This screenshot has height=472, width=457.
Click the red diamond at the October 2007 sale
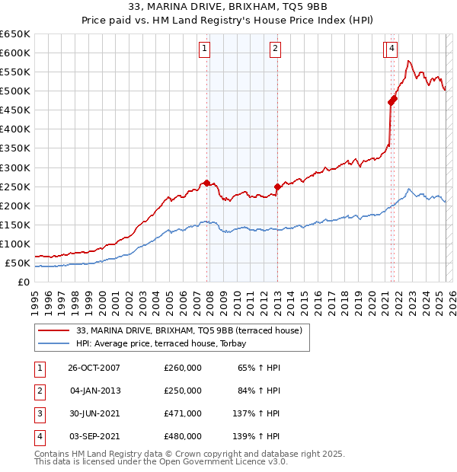(206, 183)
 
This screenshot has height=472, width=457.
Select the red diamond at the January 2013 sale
(277, 187)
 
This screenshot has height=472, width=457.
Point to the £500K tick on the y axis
(15, 91)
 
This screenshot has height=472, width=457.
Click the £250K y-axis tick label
(15, 187)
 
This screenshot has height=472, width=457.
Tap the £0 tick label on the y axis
(24, 282)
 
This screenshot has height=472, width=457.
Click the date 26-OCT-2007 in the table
(94, 368)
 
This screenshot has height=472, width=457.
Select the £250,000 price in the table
(183, 391)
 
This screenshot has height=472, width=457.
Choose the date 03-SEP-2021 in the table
(94, 436)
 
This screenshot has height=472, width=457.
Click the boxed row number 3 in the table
(39, 413)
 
